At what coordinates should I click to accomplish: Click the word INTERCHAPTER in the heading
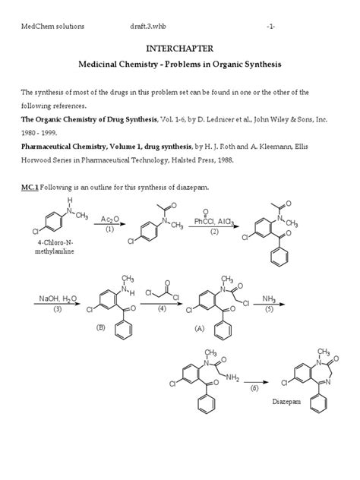coord(179,49)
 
